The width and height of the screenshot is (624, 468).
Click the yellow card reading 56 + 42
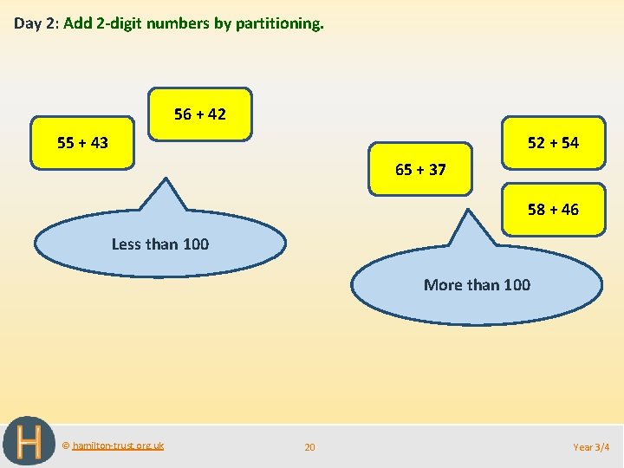click(200, 114)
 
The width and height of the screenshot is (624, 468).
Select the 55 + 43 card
click(83, 142)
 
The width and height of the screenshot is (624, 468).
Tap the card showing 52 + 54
click(553, 142)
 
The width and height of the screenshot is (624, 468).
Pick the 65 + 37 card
click(420, 169)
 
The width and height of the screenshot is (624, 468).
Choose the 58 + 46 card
click(553, 209)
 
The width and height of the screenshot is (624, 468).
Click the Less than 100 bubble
click(160, 244)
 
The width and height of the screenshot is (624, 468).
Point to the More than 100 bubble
click(477, 284)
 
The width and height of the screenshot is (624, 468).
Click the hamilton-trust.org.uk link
click(118, 445)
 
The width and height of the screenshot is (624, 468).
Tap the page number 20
click(309, 447)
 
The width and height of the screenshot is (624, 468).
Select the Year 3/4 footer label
click(591, 447)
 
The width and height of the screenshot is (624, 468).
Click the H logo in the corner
click(29, 442)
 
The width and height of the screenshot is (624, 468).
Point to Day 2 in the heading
click(36, 23)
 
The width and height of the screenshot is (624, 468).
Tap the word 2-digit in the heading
click(120, 23)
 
